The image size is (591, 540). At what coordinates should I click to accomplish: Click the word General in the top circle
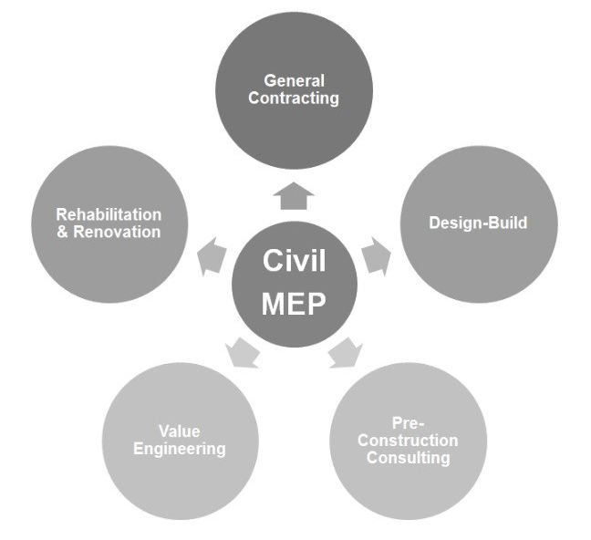[x=294, y=81]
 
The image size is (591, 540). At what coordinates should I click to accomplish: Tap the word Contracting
[x=294, y=98]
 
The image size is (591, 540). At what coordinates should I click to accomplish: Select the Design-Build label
[x=478, y=223]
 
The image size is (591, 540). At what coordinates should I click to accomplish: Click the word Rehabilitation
[x=109, y=215]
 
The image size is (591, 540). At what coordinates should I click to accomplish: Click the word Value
[x=179, y=431]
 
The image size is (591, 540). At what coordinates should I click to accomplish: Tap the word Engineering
[x=179, y=449]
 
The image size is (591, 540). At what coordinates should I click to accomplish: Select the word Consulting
[x=408, y=458]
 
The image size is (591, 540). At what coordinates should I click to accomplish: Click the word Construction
[x=408, y=441]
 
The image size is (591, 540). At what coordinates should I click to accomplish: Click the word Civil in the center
[x=294, y=262]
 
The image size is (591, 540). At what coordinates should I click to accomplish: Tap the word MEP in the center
[x=294, y=305]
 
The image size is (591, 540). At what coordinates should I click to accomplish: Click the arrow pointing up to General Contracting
[x=294, y=195]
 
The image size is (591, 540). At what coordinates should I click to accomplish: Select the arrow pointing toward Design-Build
[x=376, y=257]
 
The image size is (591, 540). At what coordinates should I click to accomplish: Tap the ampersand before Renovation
[x=62, y=232]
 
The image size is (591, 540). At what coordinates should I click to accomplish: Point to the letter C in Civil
[x=272, y=262]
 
